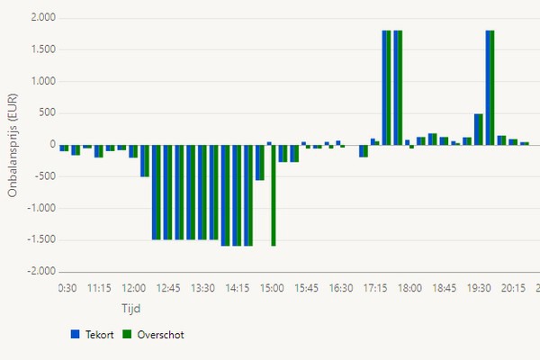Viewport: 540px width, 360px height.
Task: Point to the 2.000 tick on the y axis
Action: [x=42, y=18]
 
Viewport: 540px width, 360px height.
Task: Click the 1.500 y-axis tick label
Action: [x=42, y=49]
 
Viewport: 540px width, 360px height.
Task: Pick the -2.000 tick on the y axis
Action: [x=40, y=271]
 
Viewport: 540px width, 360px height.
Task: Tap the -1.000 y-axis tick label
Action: [x=40, y=208]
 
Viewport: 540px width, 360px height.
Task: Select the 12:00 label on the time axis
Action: [x=133, y=289]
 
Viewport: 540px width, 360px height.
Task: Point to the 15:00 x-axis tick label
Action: [x=272, y=289]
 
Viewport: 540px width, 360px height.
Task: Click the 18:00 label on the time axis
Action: [x=410, y=289]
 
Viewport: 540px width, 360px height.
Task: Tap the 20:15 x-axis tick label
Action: [x=514, y=289]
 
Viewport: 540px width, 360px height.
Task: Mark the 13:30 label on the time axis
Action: [x=202, y=289]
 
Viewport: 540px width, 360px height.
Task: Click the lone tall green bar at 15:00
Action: [x=273, y=194]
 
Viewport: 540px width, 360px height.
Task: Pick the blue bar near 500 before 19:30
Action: [x=476, y=129]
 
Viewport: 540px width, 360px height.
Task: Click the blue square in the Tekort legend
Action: [x=75, y=334]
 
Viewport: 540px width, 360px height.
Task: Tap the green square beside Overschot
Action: [x=127, y=334]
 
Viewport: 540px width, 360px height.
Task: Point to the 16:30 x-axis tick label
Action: [x=341, y=289]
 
